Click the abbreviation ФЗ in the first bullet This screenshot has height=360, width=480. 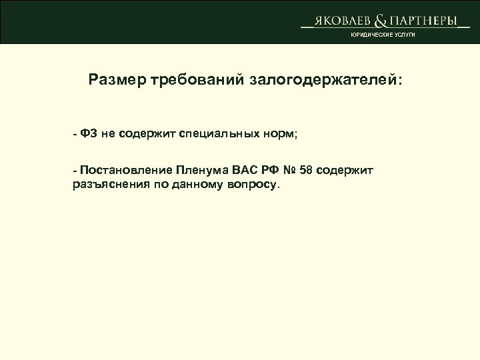pyautogui.click(x=89, y=133)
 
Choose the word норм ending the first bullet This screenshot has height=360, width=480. pyautogui.click(x=282, y=133)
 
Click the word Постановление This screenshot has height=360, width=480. pyautogui.click(x=127, y=171)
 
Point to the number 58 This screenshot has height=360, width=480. pyautogui.click(x=307, y=171)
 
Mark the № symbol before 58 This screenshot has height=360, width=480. pyautogui.click(x=290, y=171)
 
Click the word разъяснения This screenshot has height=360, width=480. pyautogui.click(x=105, y=184)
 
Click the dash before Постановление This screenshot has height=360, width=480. pyautogui.click(x=76, y=171)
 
